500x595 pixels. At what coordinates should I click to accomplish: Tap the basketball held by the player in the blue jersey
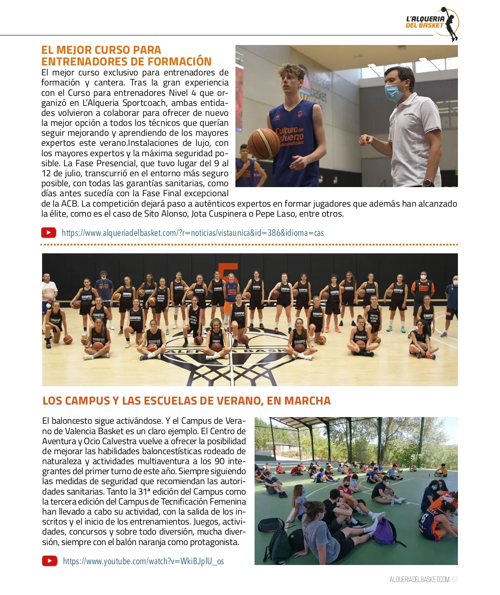point(263,143)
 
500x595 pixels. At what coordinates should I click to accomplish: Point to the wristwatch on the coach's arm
point(427,182)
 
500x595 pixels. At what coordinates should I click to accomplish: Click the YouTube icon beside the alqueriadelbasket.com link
point(49,232)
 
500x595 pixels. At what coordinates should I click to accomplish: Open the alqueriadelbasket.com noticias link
point(192,233)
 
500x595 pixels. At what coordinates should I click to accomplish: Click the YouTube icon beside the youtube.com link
point(50,561)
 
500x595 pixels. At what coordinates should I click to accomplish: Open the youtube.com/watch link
point(143,561)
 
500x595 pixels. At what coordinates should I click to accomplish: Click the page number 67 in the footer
point(455,580)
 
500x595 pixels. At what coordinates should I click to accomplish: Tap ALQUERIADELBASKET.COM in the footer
point(420,580)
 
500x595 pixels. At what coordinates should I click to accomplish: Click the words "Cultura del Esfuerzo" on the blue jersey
point(290,134)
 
